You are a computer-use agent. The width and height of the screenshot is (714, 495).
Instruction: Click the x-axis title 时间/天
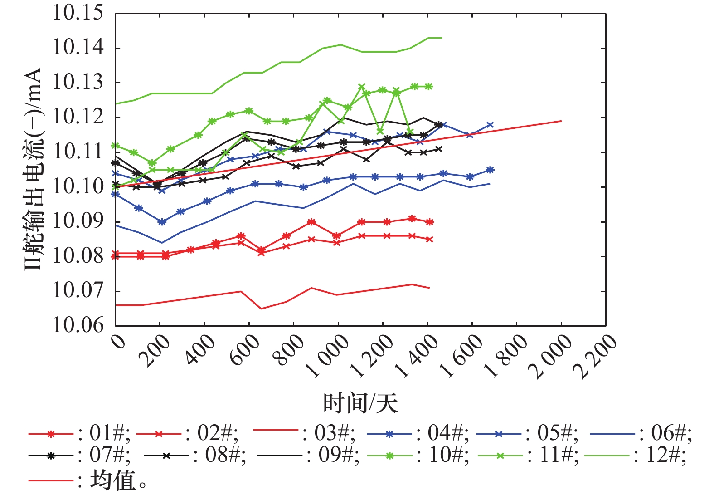(360, 403)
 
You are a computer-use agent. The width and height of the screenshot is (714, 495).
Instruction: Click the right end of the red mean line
(561, 121)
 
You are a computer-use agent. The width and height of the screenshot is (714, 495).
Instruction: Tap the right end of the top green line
(442, 38)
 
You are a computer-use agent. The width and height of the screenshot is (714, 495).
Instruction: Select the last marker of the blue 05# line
(490, 125)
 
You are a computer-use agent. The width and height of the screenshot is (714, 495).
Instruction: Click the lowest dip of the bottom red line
(261, 309)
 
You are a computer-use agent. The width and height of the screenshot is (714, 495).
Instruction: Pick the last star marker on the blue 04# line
(490, 170)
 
